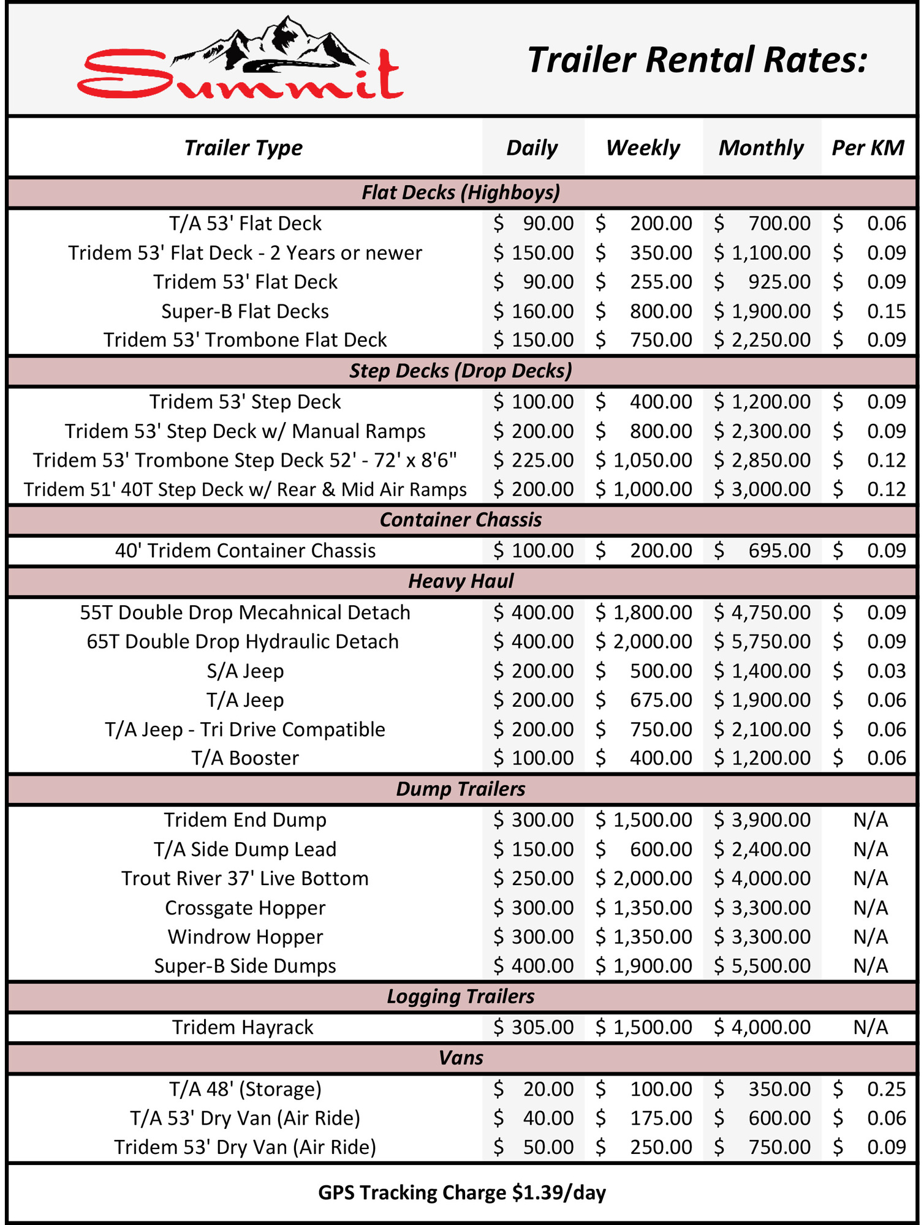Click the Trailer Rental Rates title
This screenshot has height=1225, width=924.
point(697,60)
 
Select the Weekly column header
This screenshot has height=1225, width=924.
point(643,148)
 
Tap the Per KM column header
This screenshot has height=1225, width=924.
point(868,148)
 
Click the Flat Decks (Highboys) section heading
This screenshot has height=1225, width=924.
point(461,192)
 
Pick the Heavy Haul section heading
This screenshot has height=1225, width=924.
point(461,581)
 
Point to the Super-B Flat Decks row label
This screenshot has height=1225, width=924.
point(245,311)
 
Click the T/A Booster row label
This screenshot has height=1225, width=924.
point(245,758)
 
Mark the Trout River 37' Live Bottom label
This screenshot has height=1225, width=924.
point(245,878)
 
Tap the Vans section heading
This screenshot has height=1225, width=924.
point(461,1058)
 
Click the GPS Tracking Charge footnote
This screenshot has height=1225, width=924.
point(462,1193)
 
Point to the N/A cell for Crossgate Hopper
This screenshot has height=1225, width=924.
point(870,908)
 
